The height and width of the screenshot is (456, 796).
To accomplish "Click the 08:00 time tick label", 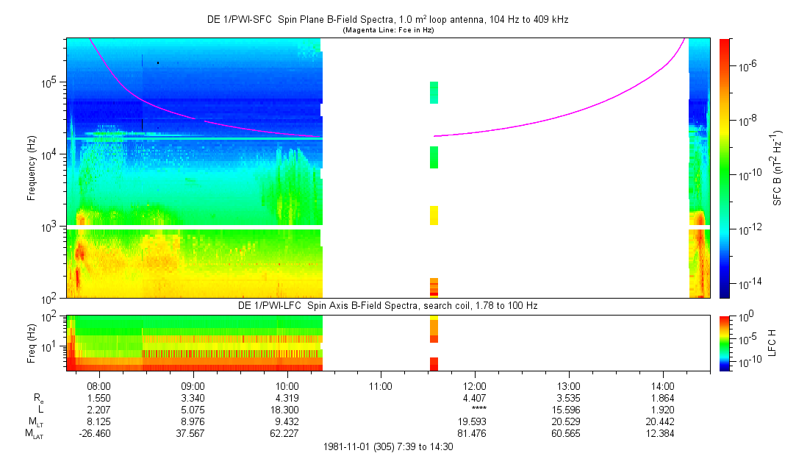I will [x=98, y=385].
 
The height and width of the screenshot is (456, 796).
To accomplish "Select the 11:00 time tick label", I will [x=381, y=385].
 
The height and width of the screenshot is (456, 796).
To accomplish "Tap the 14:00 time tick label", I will [x=663, y=385].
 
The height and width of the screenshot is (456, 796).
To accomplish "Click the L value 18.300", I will [x=287, y=409].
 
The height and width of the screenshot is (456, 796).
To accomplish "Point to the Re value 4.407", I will [x=475, y=397].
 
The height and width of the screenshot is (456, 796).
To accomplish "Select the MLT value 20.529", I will [x=569, y=421].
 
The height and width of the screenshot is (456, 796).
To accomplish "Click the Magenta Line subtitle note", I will [x=388, y=30].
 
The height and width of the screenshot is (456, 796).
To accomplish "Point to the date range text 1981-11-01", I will [x=387, y=446].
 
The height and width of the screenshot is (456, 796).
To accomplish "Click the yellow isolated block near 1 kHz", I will [x=434, y=215].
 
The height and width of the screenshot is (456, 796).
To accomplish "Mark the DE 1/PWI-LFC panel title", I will [x=387, y=304].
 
